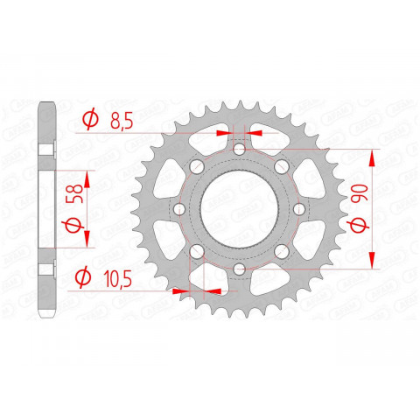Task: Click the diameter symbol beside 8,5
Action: coord(89,121)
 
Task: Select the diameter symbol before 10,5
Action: coord(85,278)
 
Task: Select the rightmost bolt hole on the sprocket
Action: coord(298,210)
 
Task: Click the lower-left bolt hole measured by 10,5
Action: coord(196,252)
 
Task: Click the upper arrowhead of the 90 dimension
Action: coord(373,157)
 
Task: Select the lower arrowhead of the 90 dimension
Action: coord(373,261)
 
